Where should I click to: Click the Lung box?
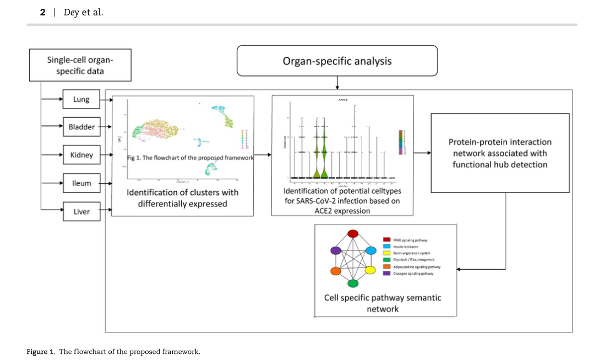point(81,100)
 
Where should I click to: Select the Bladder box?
point(81,127)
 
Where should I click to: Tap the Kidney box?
point(81,155)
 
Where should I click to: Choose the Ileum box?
point(81,183)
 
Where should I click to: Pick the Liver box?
point(81,211)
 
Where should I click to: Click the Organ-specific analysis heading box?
point(337,61)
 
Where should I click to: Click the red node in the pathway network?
point(353,234)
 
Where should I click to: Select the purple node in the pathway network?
point(335,250)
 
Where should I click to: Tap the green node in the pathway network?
point(353,283)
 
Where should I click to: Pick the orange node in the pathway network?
point(335,271)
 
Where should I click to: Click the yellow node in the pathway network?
point(370,270)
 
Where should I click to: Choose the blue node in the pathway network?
point(371,250)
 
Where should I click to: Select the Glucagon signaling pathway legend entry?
point(413,273)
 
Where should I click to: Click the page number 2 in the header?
point(42,12)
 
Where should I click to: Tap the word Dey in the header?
point(71,12)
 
